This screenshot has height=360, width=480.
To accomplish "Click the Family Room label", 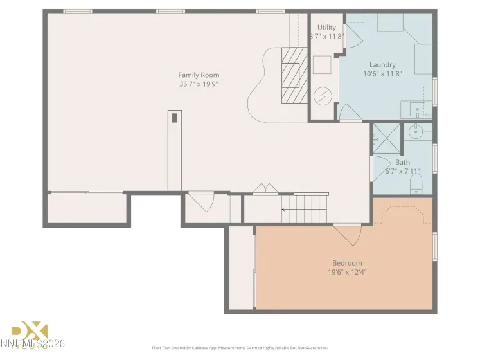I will (x=199, y=75).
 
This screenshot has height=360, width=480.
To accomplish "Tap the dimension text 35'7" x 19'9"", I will (x=199, y=84).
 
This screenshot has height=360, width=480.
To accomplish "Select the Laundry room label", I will (x=382, y=65).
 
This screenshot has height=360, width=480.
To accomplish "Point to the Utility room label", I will (x=326, y=28).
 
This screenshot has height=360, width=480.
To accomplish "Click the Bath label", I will (x=402, y=163).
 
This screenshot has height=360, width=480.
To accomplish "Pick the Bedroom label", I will (x=347, y=262).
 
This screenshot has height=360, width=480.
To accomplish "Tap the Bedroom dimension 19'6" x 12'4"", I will (x=347, y=272).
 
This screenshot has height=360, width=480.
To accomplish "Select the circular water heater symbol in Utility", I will (x=322, y=96).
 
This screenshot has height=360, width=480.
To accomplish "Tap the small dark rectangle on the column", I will (x=174, y=118).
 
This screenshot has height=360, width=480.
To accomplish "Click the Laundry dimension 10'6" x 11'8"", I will (x=382, y=74).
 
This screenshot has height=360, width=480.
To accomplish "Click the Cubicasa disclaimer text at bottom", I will (x=240, y=348).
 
